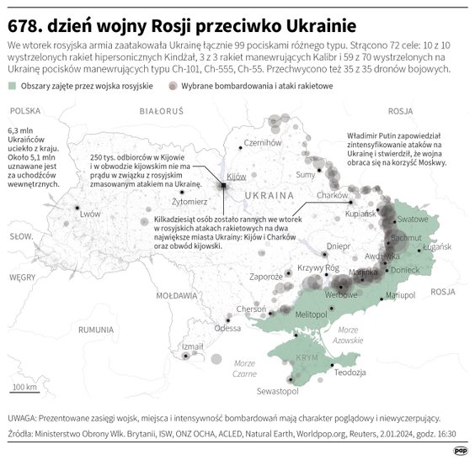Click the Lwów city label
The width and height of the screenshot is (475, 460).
(89, 214)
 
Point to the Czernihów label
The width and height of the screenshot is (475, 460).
(260, 143)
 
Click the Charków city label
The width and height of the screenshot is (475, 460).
(332, 195)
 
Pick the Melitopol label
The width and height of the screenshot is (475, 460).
(311, 314)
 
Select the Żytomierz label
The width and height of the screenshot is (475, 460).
(189, 203)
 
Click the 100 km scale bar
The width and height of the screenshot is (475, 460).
(26, 393)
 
